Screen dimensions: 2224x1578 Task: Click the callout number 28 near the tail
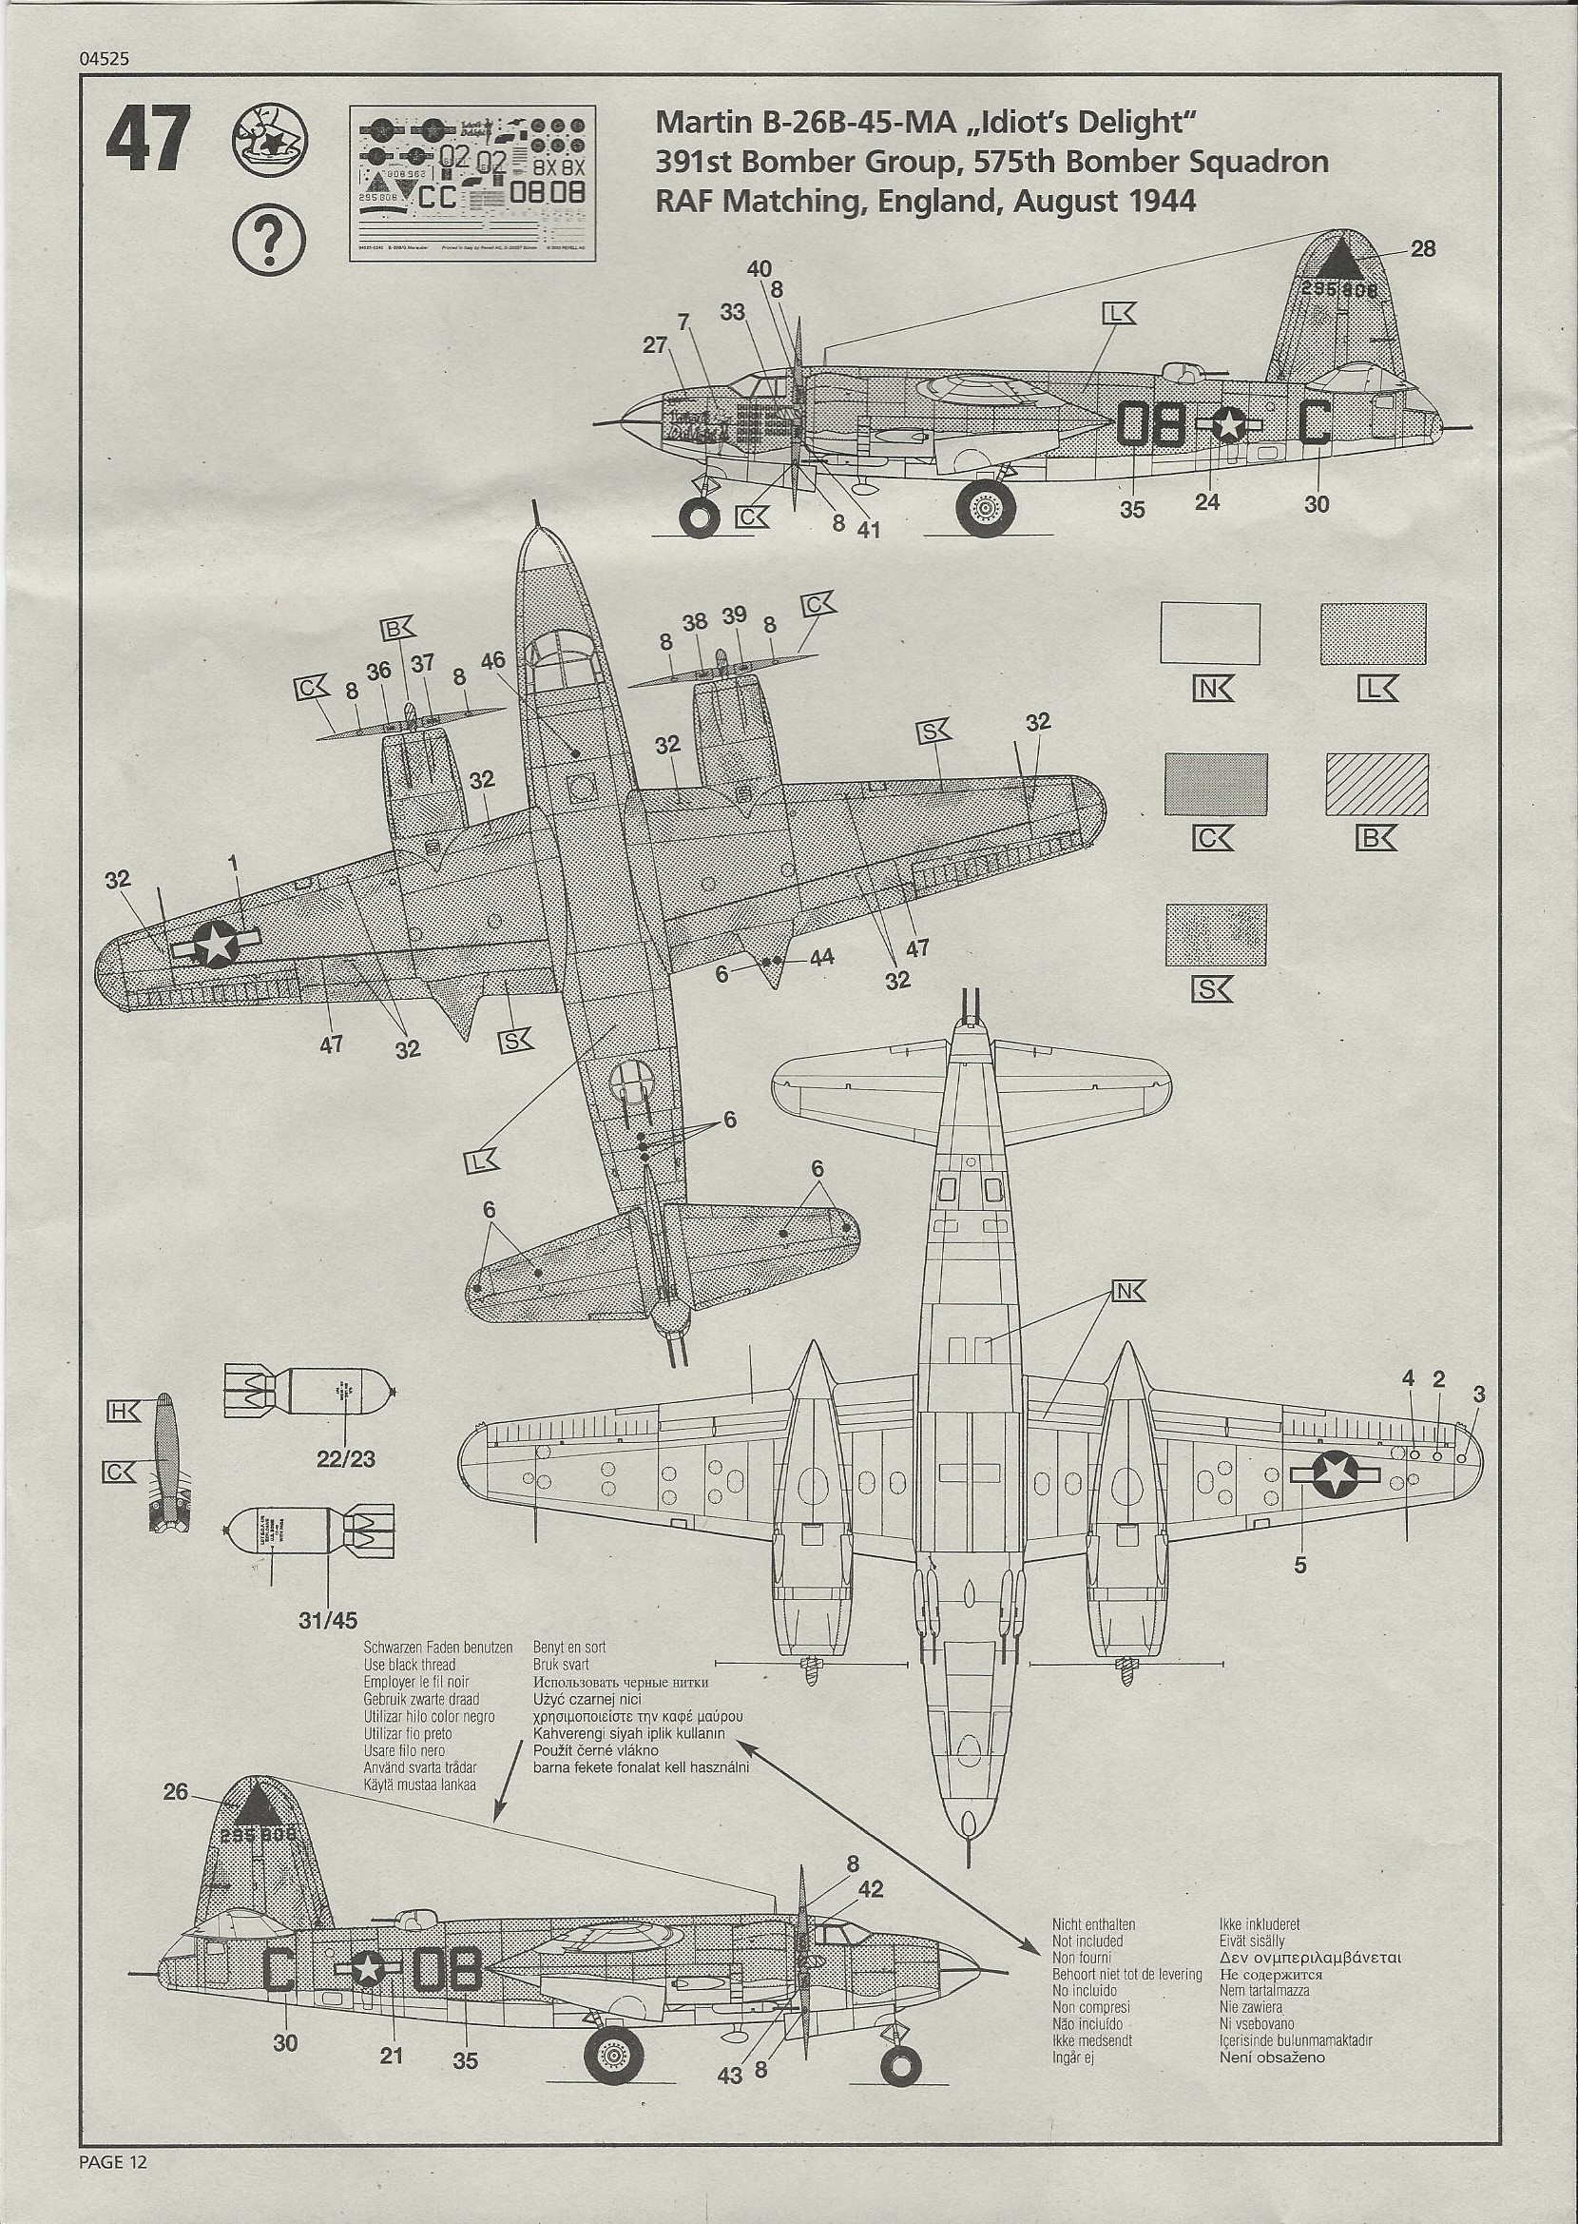click(x=1422, y=248)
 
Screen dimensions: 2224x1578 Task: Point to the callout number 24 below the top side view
click(x=1207, y=501)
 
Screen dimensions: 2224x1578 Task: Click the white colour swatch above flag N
click(x=1211, y=634)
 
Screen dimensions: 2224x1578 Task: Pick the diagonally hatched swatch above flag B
click(x=1377, y=785)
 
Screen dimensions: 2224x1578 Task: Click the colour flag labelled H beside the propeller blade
click(x=125, y=1409)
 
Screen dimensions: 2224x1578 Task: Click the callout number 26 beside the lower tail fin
click(x=176, y=1790)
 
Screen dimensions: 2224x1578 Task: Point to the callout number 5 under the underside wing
click(x=1300, y=1565)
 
